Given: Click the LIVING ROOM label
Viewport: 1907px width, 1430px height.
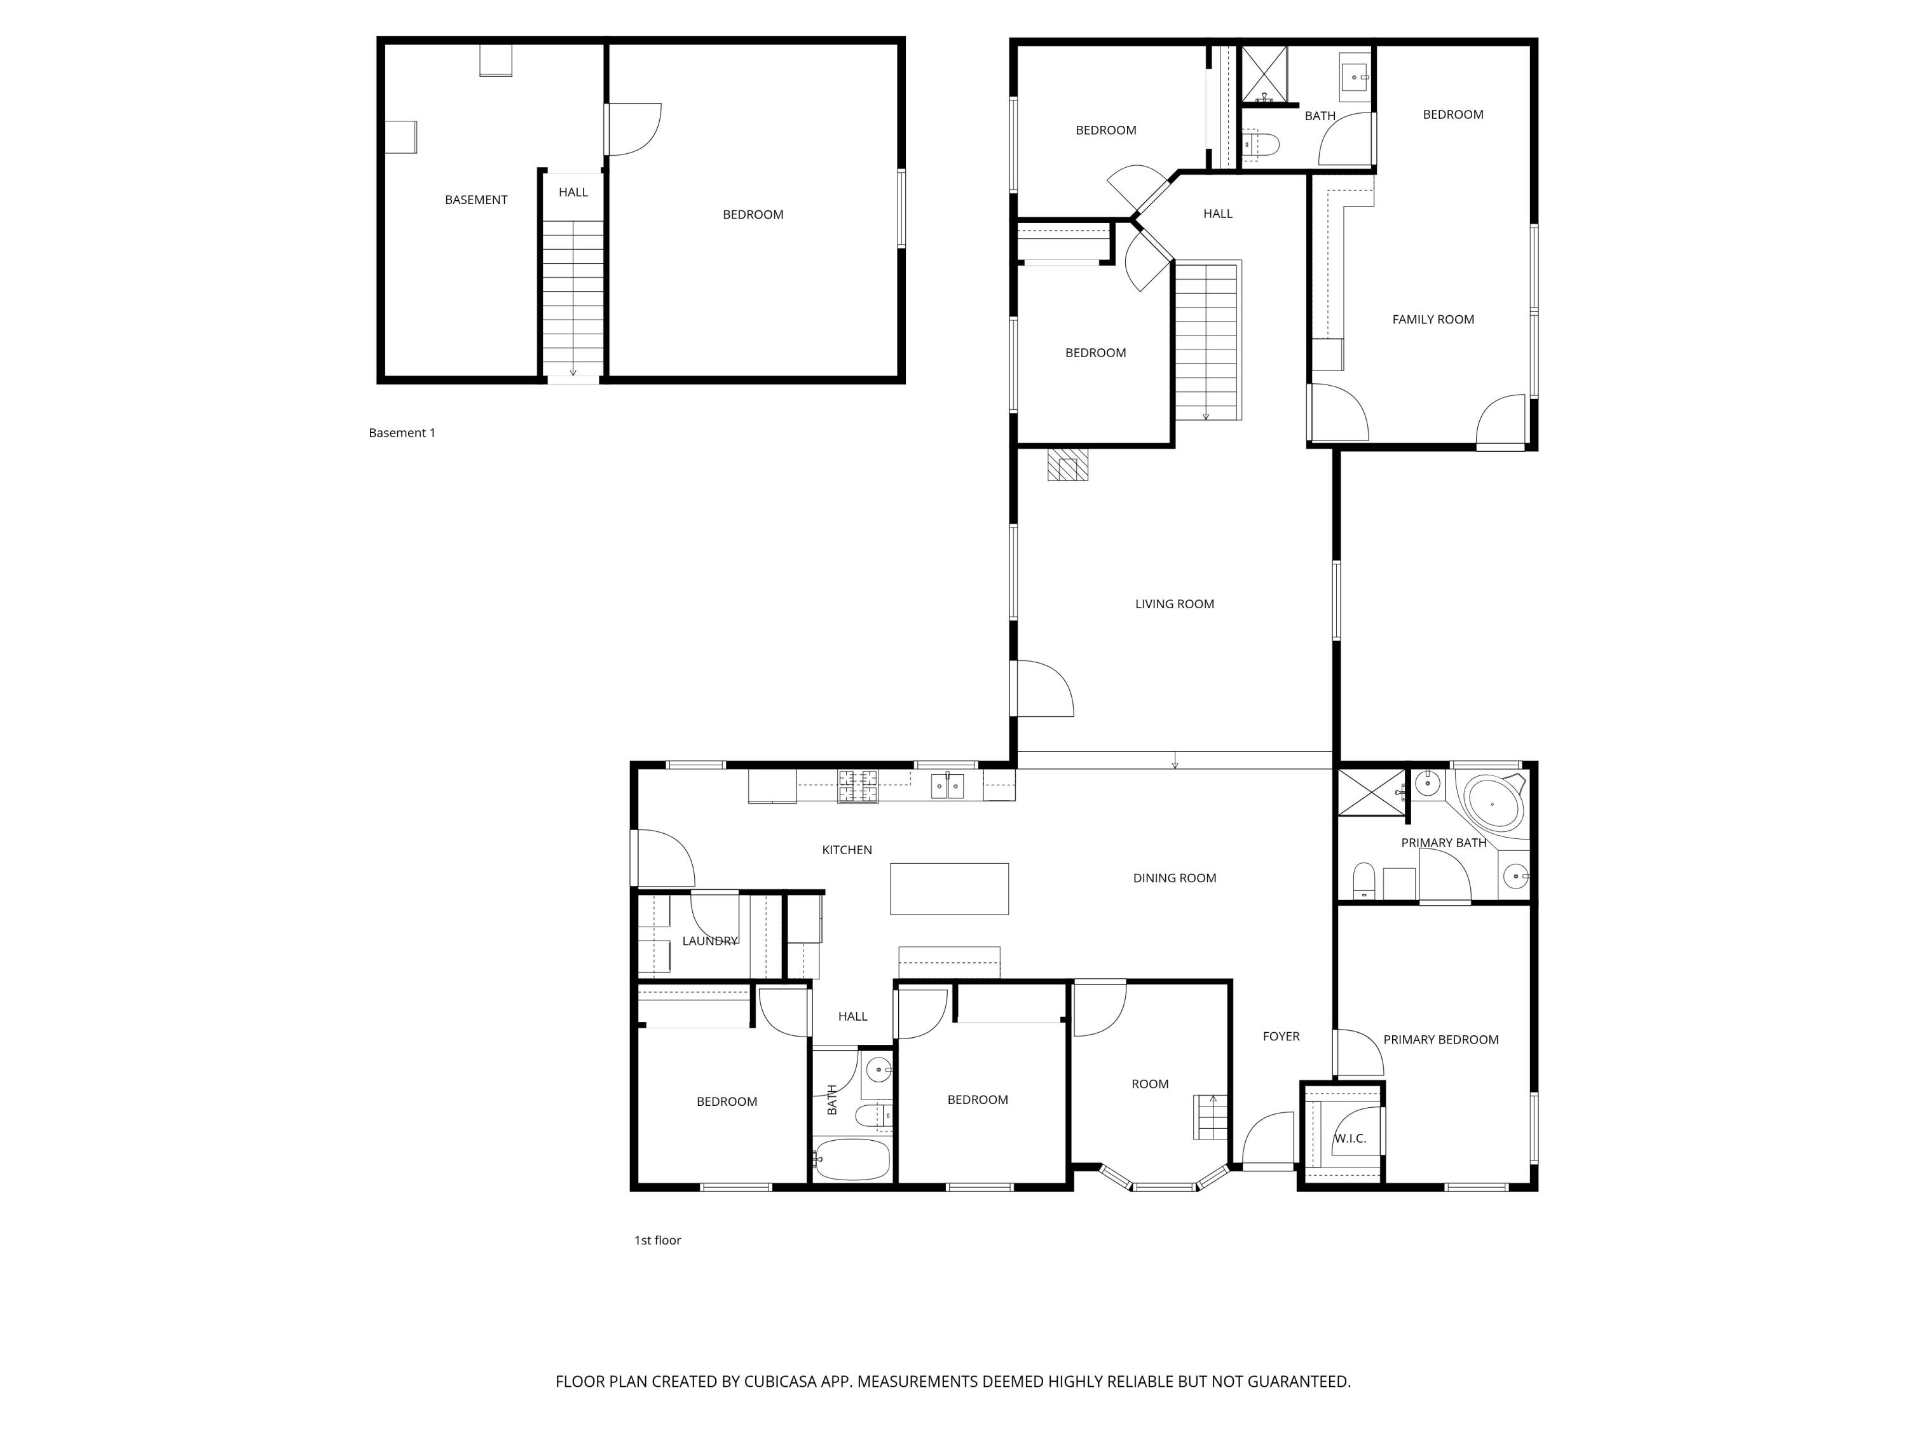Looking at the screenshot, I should click(1174, 604).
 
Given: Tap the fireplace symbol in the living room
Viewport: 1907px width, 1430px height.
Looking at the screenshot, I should click(1067, 465).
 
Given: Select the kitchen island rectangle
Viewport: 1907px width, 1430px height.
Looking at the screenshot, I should click(948, 888).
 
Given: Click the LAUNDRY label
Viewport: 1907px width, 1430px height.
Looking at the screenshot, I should click(709, 941).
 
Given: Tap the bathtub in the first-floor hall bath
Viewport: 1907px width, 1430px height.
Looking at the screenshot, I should click(852, 1160).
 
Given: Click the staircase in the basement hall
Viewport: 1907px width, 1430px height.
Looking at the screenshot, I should click(573, 297).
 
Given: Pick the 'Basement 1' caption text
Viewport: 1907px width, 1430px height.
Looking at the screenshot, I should click(402, 433).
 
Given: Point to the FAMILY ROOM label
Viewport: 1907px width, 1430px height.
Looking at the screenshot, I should click(1433, 320).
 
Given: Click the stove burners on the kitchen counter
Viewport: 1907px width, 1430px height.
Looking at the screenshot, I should click(858, 786).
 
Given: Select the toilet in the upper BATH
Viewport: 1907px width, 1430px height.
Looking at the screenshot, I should click(1259, 144).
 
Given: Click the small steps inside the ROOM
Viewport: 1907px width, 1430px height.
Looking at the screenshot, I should click(1210, 1117).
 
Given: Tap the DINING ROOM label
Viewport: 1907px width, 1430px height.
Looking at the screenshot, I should click(1174, 878).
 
